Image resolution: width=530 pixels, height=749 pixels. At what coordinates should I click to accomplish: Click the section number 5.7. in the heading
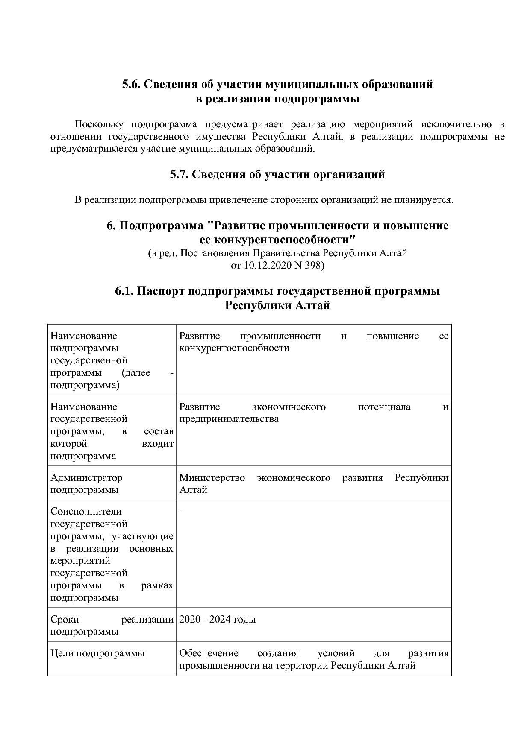tap(178, 174)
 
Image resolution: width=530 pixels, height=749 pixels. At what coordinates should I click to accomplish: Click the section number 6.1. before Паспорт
tap(124, 291)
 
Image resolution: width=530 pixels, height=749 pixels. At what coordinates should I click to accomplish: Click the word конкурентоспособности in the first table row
tap(234, 348)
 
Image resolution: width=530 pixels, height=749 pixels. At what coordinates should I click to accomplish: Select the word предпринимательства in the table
tap(229, 419)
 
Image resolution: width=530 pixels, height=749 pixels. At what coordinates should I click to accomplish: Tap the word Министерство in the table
tap(212, 477)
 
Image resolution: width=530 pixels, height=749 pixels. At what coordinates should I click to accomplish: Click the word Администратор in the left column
tap(86, 477)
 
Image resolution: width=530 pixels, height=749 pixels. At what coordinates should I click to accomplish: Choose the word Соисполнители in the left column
tap(86, 512)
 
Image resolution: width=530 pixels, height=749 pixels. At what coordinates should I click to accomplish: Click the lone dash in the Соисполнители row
tap(181, 512)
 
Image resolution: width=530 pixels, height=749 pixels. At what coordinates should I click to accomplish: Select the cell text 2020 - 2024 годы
tap(218, 620)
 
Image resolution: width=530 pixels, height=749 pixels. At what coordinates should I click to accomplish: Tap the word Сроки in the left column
tap(65, 620)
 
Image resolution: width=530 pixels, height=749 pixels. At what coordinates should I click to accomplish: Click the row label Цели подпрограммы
tap(97, 653)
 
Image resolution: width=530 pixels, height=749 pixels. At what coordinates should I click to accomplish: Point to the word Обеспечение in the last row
tap(209, 653)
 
